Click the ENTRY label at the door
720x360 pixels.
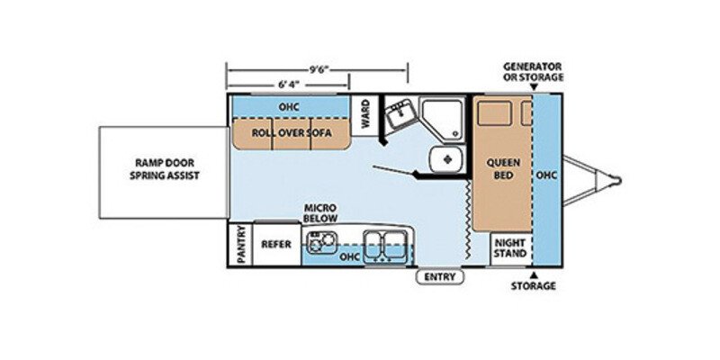click(x=440, y=277)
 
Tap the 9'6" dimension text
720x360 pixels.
click(x=320, y=70)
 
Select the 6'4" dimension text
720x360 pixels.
click(x=288, y=85)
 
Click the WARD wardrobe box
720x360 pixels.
click(x=365, y=114)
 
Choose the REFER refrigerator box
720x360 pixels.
click(x=276, y=244)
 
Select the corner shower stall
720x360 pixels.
click(x=443, y=120)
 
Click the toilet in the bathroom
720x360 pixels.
click(x=446, y=160)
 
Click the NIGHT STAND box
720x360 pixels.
click(x=510, y=249)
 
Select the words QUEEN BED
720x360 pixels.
click(x=503, y=169)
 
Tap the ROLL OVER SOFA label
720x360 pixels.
click(x=292, y=133)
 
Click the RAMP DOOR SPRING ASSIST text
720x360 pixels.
click(x=164, y=169)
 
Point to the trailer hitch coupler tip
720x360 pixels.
click(x=618, y=180)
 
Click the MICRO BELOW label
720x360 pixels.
click(x=320, y=212)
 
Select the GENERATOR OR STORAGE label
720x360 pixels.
click(x=533, y=72)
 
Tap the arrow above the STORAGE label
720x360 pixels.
click(x=534, y=275)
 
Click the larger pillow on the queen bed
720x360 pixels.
click(x=494, y=113)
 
